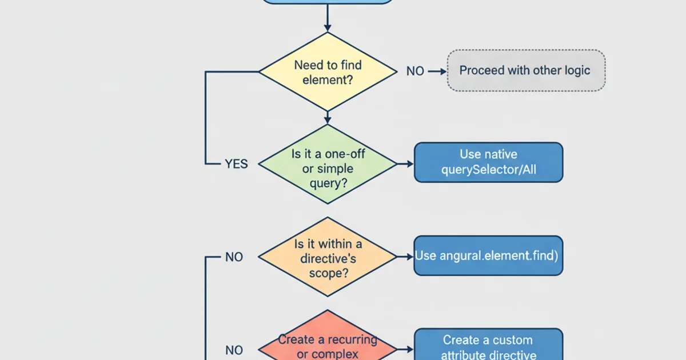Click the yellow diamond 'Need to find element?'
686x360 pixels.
coord(328,72)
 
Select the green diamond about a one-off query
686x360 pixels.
coord(328,164)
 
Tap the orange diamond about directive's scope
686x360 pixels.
coord(328,257)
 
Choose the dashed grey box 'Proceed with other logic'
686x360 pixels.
coord(525,71)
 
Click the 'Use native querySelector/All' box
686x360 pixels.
coord(488,162)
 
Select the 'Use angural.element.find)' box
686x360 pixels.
coord(488,255)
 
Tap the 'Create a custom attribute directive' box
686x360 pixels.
coord(488,345)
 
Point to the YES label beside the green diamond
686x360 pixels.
coord(236,164)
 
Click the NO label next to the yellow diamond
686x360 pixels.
coord(415,71)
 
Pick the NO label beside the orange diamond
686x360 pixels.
coord(234,257)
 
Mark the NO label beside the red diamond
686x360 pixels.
coord(234,350)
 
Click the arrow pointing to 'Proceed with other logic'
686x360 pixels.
coord(437,71)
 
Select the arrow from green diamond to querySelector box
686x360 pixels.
coord(405,163)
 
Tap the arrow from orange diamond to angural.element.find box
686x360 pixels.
coord(405,257)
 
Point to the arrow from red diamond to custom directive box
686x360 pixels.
coord(405,349)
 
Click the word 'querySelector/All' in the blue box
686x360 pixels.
coord(488,170)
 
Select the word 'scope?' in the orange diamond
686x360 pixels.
coord(328,273)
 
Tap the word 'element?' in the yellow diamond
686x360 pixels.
coord(328,79)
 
